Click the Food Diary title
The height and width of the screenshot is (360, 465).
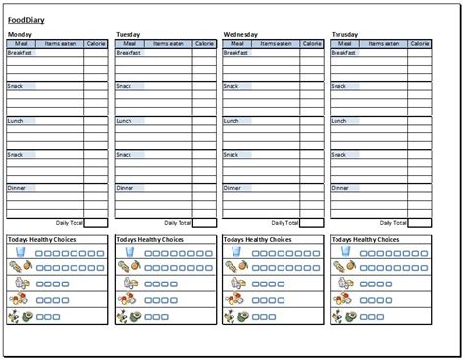(26, 20)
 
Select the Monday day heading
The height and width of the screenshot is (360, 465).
(20, 35)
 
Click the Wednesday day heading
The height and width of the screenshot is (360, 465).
(241, 35)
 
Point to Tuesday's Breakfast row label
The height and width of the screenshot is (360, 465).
(128, 53)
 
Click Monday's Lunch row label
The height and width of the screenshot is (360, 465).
(16, 121)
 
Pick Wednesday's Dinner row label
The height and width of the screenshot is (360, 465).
(232, 187)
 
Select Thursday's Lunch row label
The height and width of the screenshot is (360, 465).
(339, 121)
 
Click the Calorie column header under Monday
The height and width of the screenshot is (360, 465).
(96, 44)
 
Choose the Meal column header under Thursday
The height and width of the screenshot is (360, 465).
(342, 44)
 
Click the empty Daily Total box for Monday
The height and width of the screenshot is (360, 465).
(96, 223)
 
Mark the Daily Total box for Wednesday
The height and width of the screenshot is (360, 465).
(312, 223)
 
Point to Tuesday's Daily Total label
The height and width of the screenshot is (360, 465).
(177, 223)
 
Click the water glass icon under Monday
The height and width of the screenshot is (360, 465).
(20, 252)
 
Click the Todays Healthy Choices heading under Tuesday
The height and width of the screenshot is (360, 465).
(149, 240)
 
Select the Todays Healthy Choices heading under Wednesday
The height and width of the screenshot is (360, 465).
(257, 240)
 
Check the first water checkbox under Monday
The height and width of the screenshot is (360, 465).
(40, 252)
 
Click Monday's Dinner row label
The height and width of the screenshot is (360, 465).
(17, 187)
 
